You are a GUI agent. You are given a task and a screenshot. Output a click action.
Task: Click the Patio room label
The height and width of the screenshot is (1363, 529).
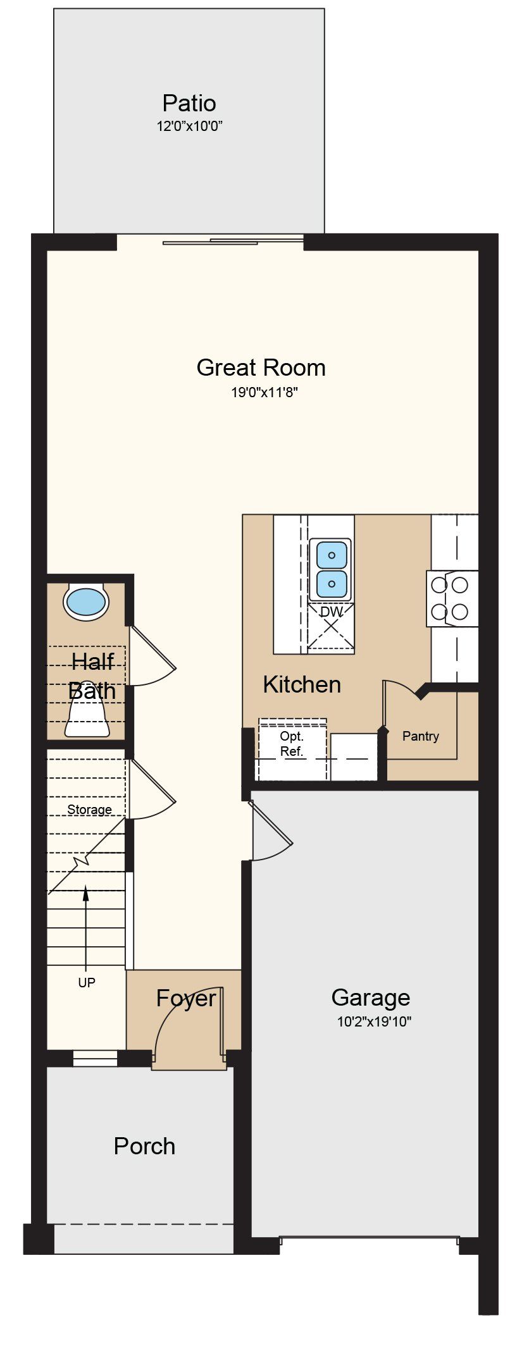point(189,103)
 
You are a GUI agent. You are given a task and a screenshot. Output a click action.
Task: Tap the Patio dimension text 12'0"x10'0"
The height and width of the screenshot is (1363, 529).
point(190,126)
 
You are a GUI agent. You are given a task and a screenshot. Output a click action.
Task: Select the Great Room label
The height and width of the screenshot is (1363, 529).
point(261,367)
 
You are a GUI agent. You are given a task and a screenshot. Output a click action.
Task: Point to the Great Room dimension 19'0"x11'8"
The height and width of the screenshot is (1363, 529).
point(264,393)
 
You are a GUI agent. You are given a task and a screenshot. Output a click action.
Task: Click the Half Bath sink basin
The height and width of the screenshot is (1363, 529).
point(86,602)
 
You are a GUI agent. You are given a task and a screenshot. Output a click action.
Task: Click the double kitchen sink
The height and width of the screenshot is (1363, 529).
point(330,569)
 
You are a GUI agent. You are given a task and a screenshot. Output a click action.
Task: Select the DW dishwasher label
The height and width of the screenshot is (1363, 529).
point(331,612)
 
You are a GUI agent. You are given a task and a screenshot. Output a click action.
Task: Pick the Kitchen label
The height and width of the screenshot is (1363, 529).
point(302,684)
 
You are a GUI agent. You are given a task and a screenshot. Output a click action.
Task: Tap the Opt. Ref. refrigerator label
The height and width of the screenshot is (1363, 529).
point(292,744)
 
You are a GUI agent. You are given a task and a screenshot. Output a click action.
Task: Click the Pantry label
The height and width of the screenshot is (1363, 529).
point(421,736)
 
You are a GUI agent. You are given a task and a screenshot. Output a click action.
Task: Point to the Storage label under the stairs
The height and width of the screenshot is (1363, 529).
point(90,810)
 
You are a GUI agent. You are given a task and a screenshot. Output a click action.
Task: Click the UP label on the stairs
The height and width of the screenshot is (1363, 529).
point(87,982)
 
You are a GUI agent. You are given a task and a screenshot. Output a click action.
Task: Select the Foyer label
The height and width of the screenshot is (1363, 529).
point(186,998)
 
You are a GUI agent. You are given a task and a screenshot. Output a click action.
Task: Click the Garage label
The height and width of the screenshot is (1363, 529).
point(371,997)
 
